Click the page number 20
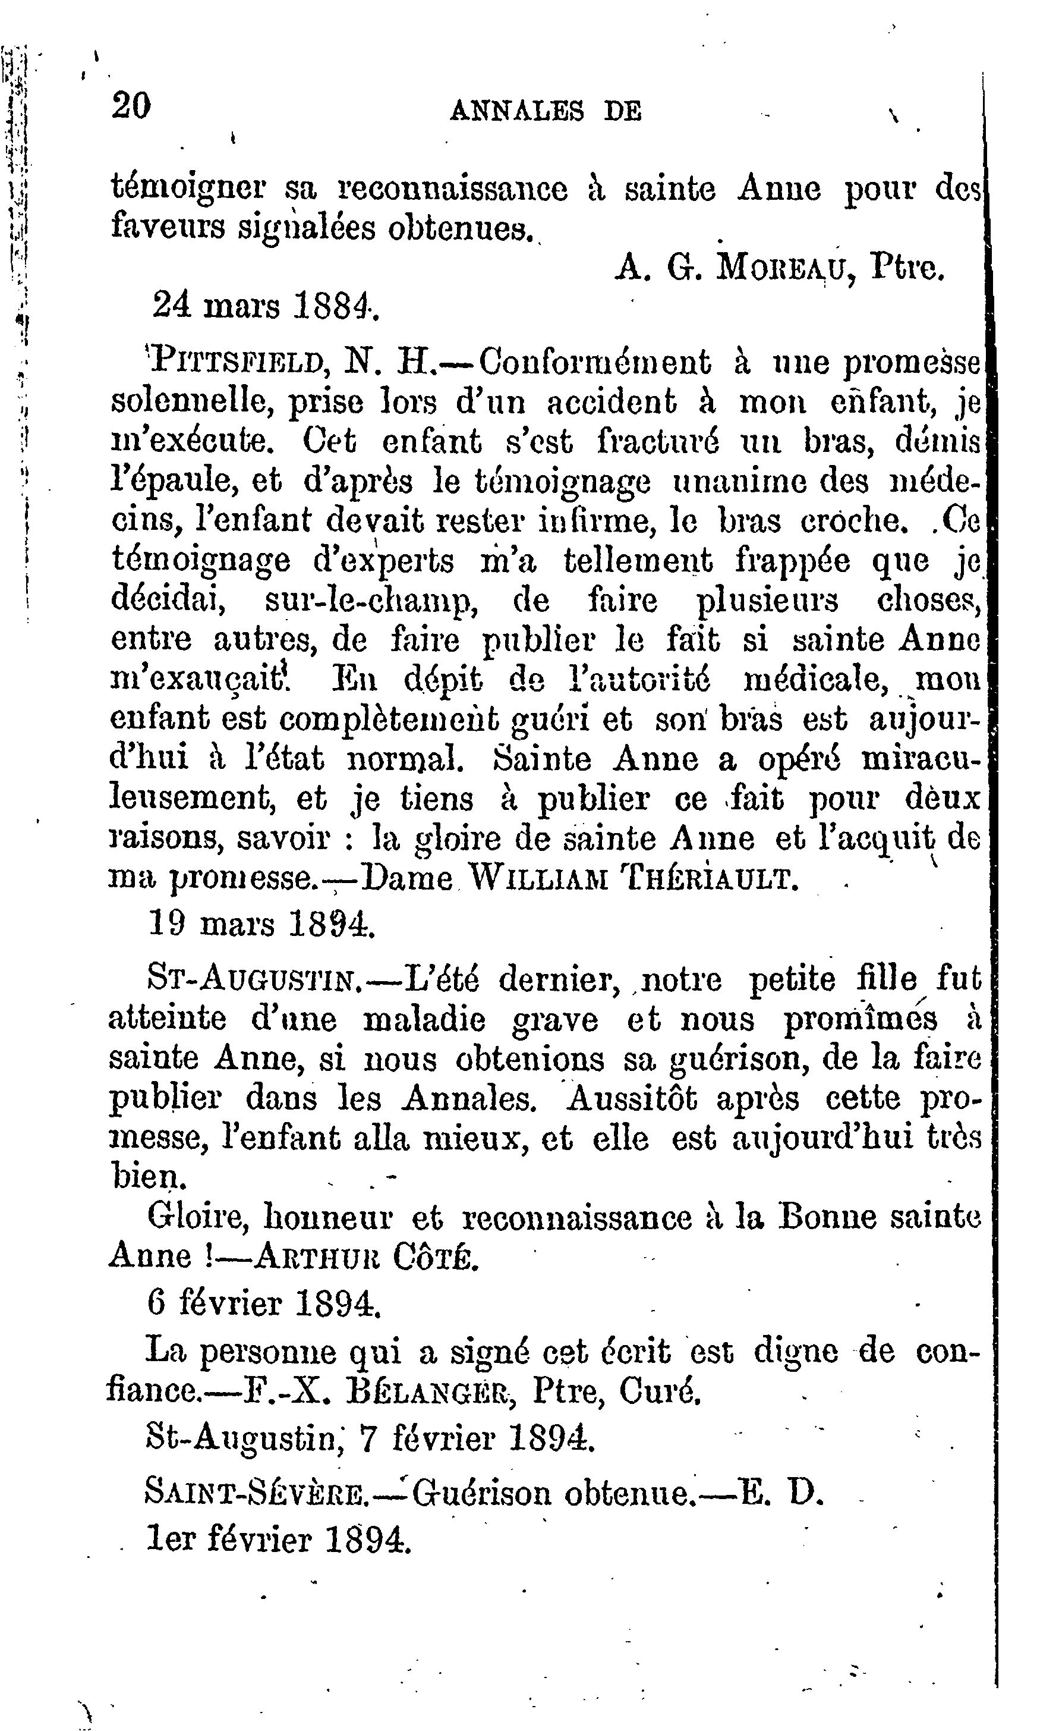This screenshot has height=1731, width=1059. (x=131, y=107)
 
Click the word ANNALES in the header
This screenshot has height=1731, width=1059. (x=517, y=110)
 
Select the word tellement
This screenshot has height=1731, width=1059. (x=637, y=561)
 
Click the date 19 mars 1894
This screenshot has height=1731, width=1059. (x=262, y=925)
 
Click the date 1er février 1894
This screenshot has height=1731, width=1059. (x=278, y=1540)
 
